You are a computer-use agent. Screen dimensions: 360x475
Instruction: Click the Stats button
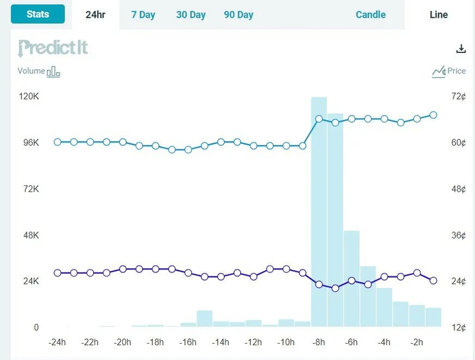point(37,14)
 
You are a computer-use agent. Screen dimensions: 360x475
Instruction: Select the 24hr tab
point(95,14)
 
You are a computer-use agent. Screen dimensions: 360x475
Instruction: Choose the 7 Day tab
point(143,14)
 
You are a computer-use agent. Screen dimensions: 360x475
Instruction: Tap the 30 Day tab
point(191,14)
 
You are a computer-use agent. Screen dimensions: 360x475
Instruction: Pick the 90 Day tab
point(238,14)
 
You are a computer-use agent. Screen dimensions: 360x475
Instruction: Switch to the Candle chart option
point(370,14)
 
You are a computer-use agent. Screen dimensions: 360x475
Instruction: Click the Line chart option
point(439,14)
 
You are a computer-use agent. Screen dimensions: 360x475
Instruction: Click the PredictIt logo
point(53,48)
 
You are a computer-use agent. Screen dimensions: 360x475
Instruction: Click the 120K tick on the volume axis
point(29,96)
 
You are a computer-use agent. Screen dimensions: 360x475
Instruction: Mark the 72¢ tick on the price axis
point(459,96)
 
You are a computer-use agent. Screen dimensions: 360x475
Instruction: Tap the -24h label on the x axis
point(57,342)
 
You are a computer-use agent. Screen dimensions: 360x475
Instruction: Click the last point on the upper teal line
point(433,115)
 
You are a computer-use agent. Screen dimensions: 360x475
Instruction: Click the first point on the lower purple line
point(58,272)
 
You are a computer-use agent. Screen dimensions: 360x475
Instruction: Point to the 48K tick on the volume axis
point(30,235)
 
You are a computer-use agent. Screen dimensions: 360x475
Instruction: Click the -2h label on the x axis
point(417,342)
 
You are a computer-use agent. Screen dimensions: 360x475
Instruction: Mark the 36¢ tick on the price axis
point(459,235)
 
